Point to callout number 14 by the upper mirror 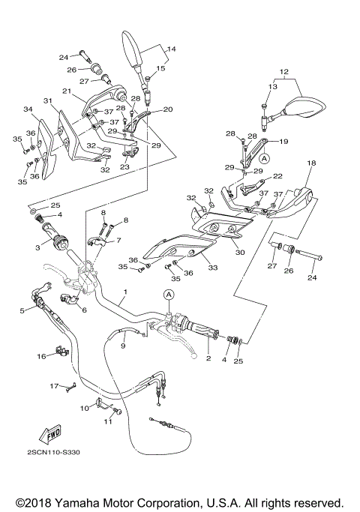[172, 49]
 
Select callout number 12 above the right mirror [283, 73]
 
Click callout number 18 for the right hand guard [310, 162]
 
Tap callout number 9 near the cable [122, 346]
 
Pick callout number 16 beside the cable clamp [42, 357]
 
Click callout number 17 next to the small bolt [54, 385]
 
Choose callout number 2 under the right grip [208, 358]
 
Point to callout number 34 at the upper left [28, 109]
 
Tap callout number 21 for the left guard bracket [66, 91]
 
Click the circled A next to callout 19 [264, 159]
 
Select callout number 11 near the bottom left [106, 421]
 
